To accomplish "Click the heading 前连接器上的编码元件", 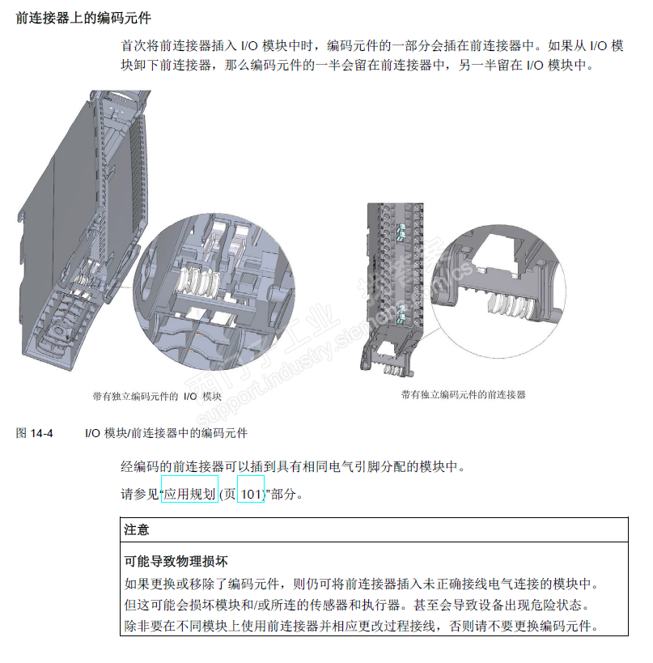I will [84, 17].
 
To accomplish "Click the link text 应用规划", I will [189, 493].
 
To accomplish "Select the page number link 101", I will [251, 493].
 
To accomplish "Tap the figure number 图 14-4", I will [34, 434].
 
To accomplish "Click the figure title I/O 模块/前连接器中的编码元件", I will [166, 434].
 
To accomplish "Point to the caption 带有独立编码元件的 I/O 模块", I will [157, 397].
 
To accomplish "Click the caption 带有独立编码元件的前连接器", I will [463, 395].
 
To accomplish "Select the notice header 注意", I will [137, 529].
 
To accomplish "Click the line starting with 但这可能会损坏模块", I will [360, 605].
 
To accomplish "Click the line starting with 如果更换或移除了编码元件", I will [360, 583].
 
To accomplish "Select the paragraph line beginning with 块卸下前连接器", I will [357, 66].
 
